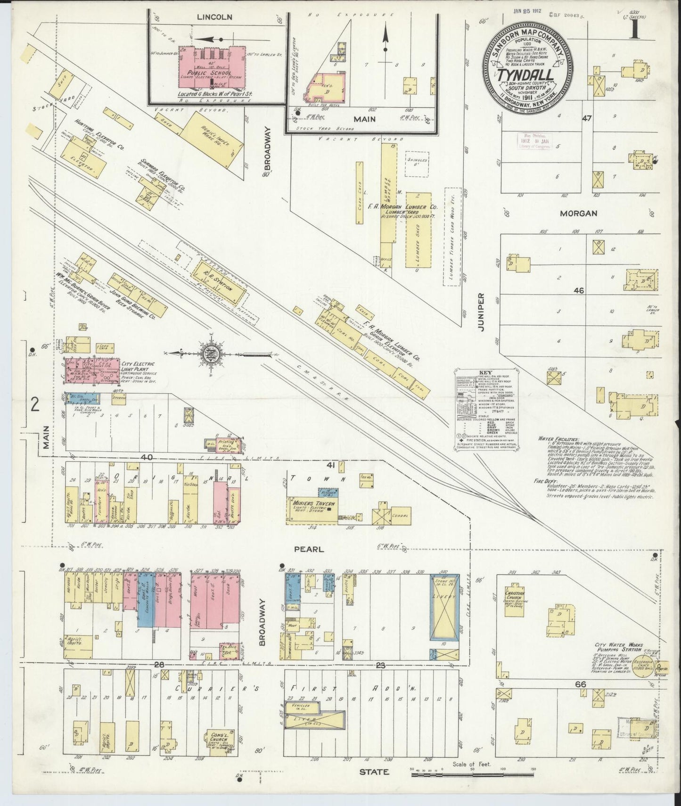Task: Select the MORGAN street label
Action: click(578, 214)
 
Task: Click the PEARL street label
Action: click(309, 549)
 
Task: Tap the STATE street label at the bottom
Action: click(375, 772)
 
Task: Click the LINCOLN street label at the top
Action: click(214, 17)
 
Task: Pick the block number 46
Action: click(578, 291)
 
